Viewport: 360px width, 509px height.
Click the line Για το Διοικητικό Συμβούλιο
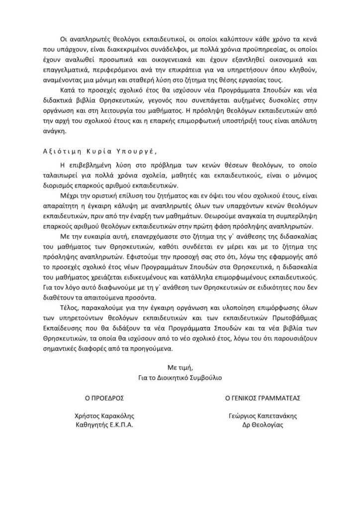tap(180, 377)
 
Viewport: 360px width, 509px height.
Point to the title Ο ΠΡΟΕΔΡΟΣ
tap(104, 399)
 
